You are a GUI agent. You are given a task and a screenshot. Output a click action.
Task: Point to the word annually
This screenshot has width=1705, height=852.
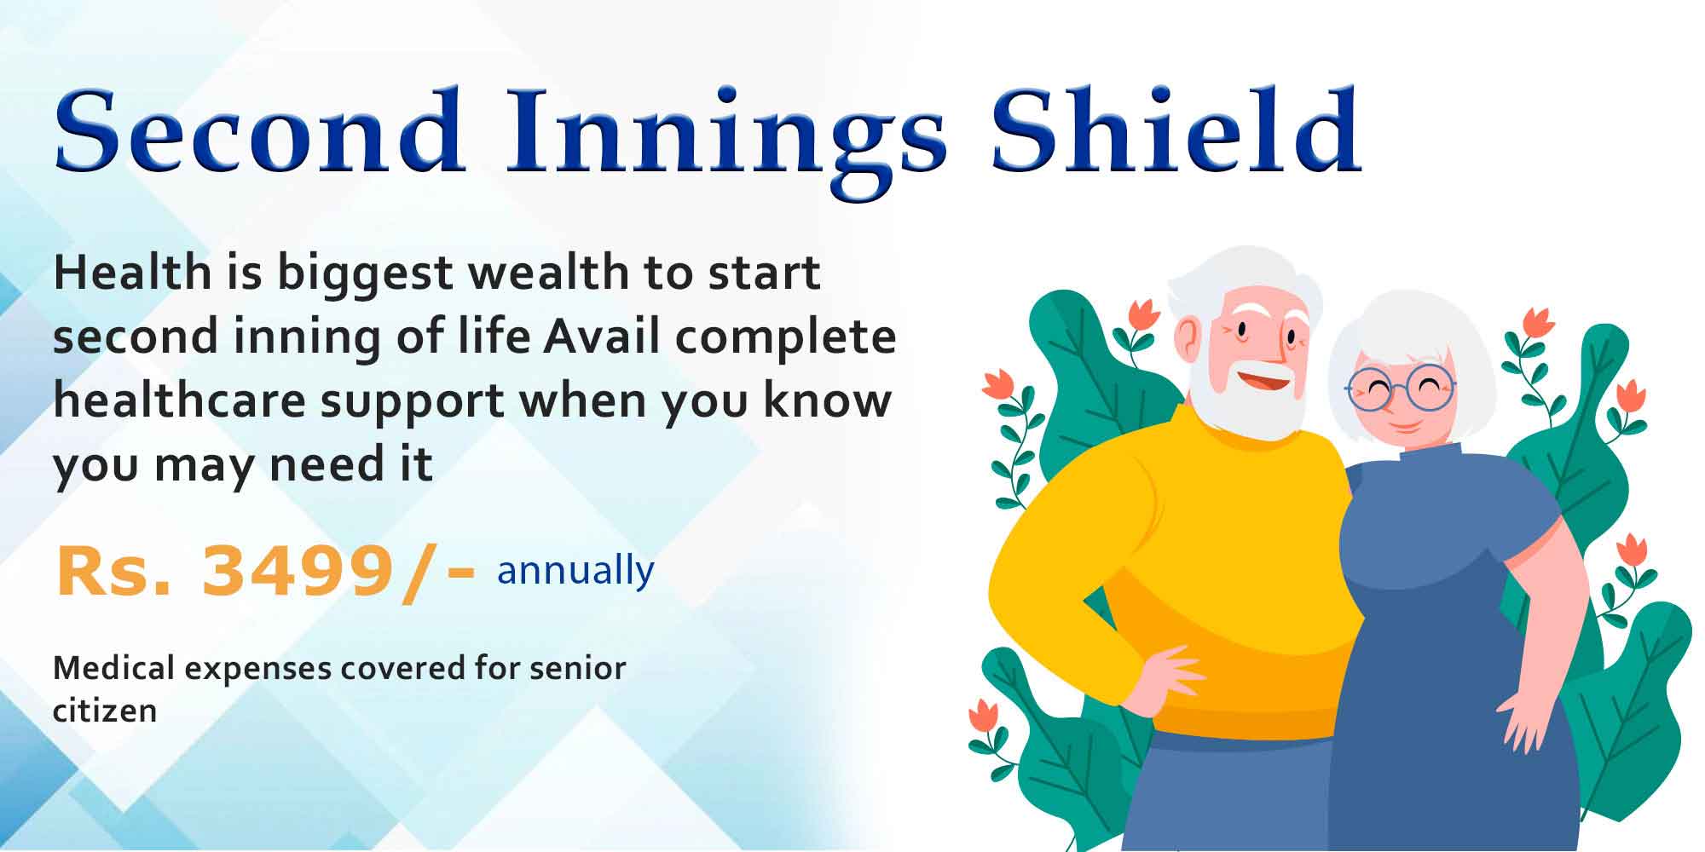[x=575, y=571]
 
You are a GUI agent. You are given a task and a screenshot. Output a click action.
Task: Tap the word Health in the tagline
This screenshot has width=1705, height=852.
[x=133, y=273]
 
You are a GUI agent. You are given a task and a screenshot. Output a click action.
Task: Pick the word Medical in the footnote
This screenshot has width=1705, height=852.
[x=114, y=668]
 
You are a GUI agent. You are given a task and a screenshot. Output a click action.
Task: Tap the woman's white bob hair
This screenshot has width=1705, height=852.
[x=1411, y=349]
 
